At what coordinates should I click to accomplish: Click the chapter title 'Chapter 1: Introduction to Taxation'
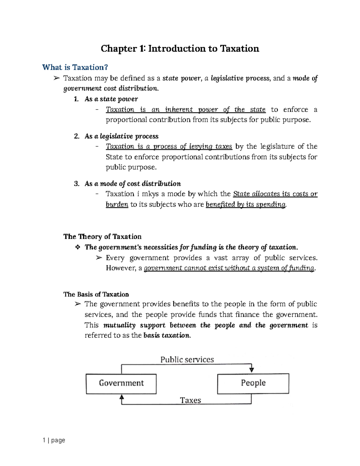click(x=180, y=49)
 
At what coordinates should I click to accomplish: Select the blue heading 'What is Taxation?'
click(x=75, y=67)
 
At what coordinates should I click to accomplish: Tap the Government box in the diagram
click(x=121, y=383)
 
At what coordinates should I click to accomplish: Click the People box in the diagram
click(x=253, y=383)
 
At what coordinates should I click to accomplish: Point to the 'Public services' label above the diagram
click(x=187, y=359)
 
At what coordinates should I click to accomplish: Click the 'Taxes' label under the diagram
click(x=190, y=400)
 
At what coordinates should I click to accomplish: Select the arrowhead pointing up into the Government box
click(x=121, y=398)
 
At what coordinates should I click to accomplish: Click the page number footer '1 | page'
click(x=54, y=440)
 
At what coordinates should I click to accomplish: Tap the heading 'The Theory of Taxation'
click(x=102, y=236)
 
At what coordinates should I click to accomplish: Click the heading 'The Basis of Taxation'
click(x=96, y=294)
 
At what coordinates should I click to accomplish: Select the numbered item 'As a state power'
click(x=111, y=99)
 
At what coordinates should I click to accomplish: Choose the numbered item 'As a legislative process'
click(x=121, y=136)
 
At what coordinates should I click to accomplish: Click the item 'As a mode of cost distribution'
click(x=132, y=184)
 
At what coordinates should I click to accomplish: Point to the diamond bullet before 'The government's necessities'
click(x=78, y=247)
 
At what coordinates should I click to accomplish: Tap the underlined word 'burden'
click(x=117, y=204)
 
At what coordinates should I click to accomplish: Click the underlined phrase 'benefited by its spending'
click(x=246, y=204)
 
